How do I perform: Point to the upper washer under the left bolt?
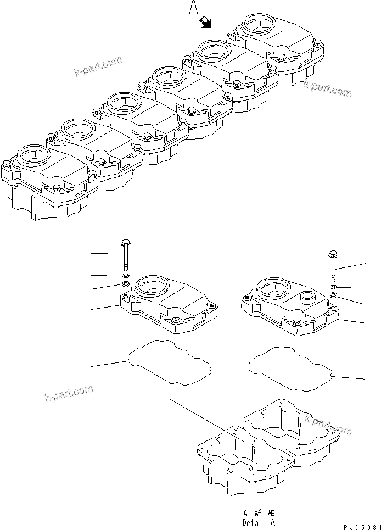125,276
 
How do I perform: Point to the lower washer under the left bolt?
125,284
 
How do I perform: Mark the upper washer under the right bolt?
333,287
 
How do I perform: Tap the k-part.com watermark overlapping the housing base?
328,424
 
